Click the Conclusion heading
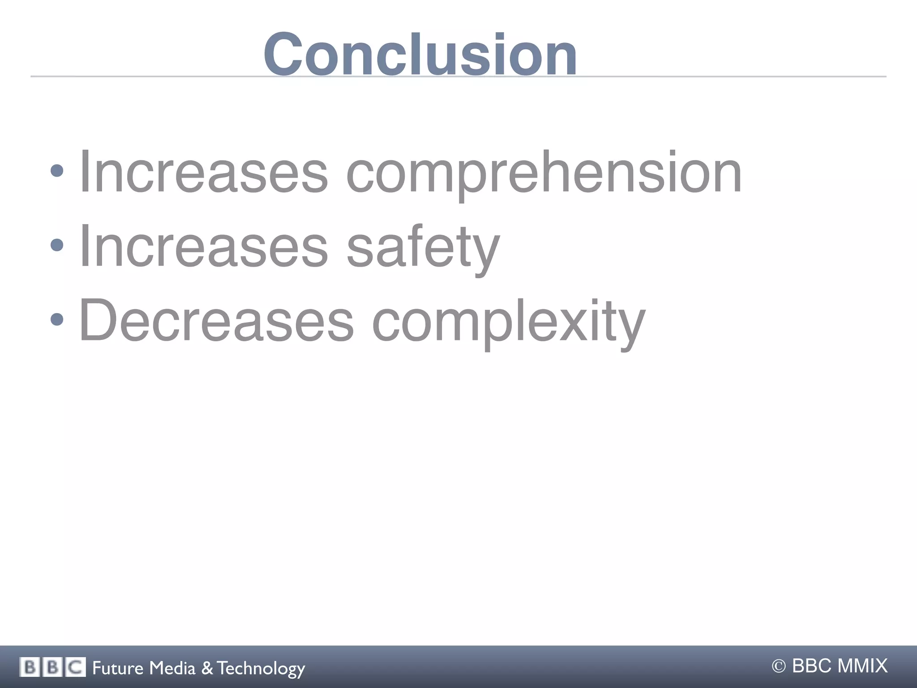pyautogui.click(x=420, y=55)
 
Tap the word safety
pyautogui.click(x=423, y=247)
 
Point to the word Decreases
pyautogui.click(x=216, y=320)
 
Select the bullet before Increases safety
pyautogui.click(x=57, y=245)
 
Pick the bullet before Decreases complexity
pyautogui.click(x=57, y=319)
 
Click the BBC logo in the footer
pyautogui.click(x=52, y=667)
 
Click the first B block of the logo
pyautogui.click(x=30, y=667)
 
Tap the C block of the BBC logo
pyautogui.click(x=75, y=667)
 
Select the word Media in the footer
pyautogui.click(x=172, y=668)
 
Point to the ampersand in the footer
pyautogui.click(x=207, y=668)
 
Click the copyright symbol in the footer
pyautogui.click(x=779, y=667)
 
